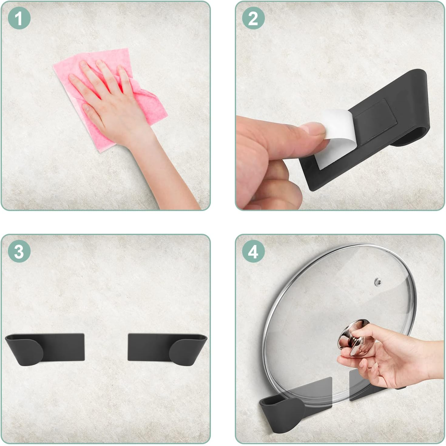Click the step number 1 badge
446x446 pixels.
(19, 18)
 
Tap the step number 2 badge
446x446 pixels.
(253, 18)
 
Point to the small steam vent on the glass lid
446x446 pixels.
(378, 282)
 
